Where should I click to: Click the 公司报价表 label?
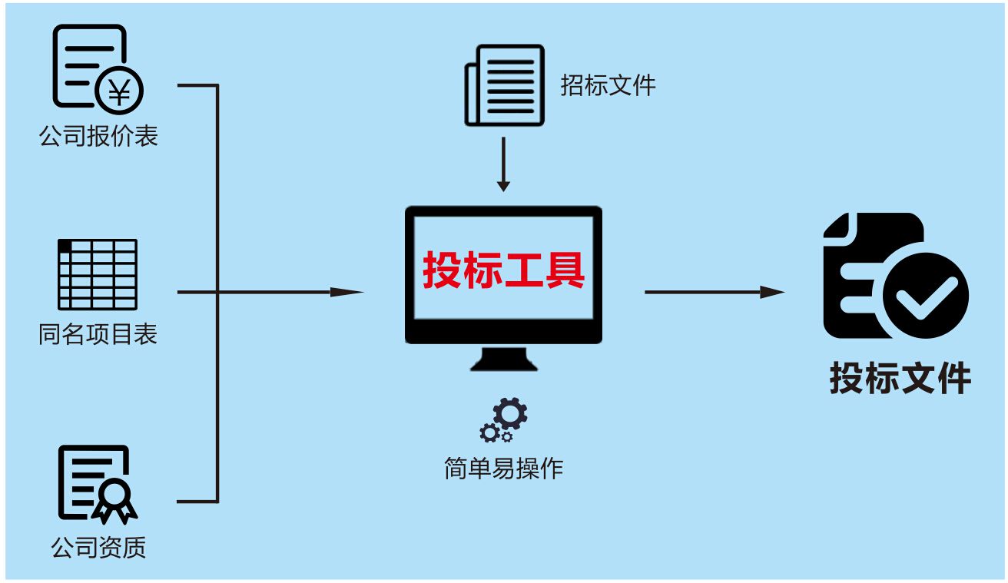[x=98, y=136]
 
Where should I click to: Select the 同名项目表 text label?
[x=98, y=334]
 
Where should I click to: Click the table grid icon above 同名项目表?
[x=98, y=273]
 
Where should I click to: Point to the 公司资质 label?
[x=98, y=547]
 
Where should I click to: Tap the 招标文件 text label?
[x=608, y=85]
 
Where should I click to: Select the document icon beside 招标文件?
[x=504, y=84]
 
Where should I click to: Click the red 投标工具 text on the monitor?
[x=503, y=270]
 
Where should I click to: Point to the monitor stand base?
[x=503, y=361]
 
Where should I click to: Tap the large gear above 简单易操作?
[x=510, y=413]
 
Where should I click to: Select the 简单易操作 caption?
[x=503, y=467]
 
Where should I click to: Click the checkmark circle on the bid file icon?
[x=926, y=296]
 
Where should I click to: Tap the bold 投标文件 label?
[x=900, y=379]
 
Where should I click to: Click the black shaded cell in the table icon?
[x=65, y=245]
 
